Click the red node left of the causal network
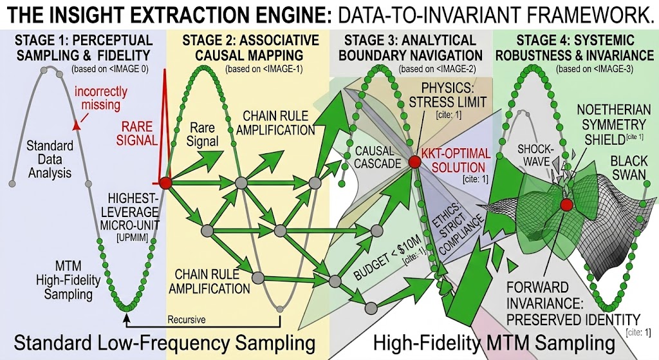pyautogui.click(x=165, y=183)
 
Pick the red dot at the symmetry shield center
pyautogui.click(x=566, y=205)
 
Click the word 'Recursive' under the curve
pyautogui.click(x=187, y=319)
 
